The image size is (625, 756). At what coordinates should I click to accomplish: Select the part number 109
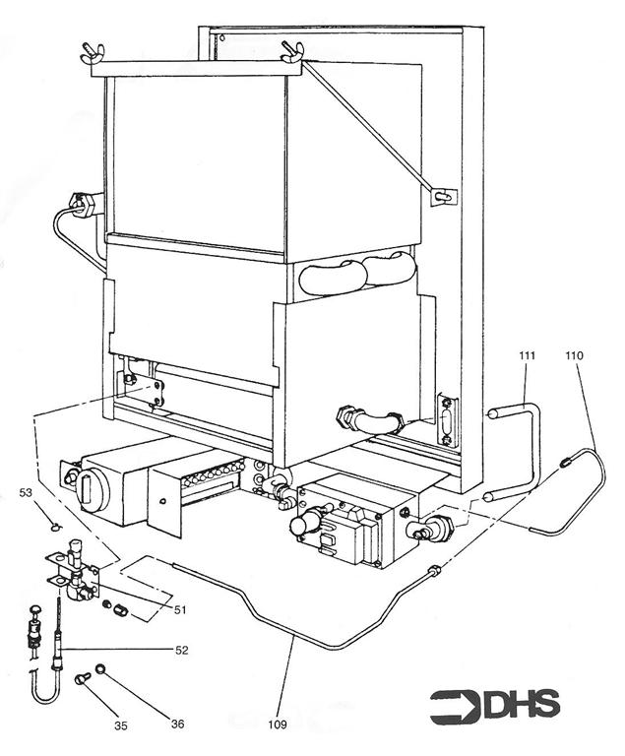coord(279,726)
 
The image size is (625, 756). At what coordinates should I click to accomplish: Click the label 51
coord(180,609)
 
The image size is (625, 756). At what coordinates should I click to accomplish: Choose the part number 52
coord(180,650)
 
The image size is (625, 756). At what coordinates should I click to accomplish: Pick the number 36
coord(177,724)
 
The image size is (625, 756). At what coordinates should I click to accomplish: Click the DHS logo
coord(495,705)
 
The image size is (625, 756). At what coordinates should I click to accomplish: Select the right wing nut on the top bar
coord(290,50)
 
